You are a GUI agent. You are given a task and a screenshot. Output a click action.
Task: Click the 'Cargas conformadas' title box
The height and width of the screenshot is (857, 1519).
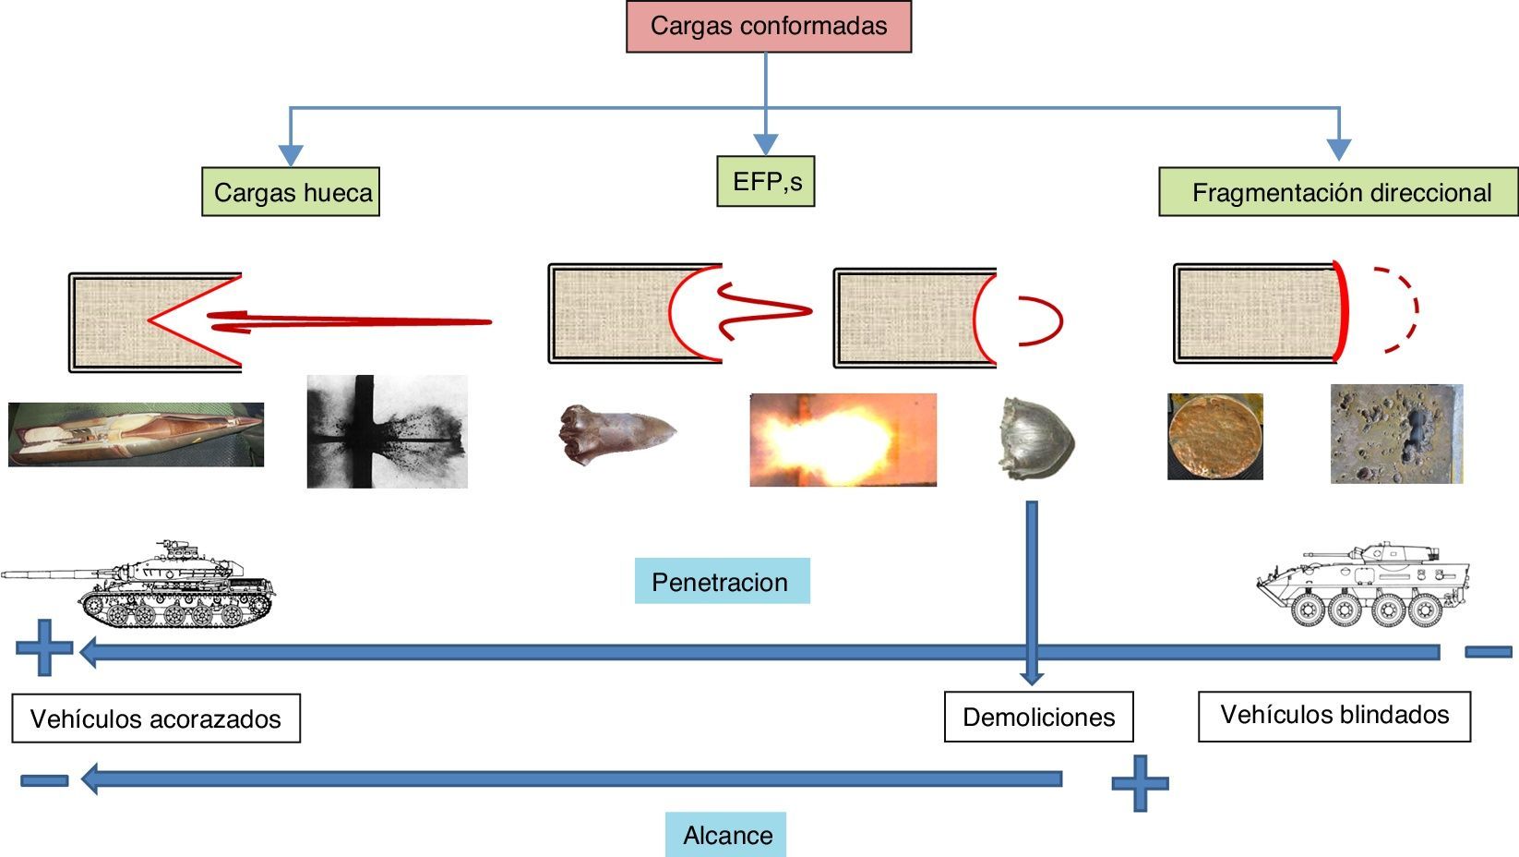[x=768, y=27]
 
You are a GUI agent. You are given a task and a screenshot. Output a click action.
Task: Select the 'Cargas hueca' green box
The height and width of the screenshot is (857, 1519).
[x=291, y=192]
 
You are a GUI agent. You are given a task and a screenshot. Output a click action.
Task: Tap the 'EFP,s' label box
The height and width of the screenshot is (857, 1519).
[x=766, y=181]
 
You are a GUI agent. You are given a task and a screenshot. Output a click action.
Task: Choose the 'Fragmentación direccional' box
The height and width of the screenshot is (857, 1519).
[x=1338, y=192]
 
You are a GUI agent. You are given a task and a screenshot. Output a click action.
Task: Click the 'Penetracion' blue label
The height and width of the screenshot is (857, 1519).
[x=722, y=582]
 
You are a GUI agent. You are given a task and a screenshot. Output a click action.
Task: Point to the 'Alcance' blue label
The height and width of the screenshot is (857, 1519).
[x=726, y=835]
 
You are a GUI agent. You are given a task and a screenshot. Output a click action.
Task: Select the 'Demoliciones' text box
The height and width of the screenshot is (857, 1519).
[x=1038, y=718]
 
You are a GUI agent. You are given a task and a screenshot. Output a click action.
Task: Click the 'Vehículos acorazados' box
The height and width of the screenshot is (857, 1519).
[x=156, y=718]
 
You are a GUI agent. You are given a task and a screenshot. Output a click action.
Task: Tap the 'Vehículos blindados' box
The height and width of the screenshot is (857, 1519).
[x=1334, y=715]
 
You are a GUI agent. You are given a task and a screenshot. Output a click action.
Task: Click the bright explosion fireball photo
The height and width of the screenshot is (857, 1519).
[x=843, y=440]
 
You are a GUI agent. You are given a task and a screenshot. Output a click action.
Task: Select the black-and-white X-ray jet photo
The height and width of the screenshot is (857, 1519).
[x=387, y=431]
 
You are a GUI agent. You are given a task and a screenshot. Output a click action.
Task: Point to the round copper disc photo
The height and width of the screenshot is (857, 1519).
[x=1214, y=437]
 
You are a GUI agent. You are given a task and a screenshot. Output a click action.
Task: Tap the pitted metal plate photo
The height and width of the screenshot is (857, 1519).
[x=1396, y=434]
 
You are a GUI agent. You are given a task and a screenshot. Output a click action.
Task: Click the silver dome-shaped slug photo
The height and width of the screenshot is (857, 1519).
[x=1036, y=439]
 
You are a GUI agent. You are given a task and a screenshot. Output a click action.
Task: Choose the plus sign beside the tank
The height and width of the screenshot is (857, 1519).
[x=43, y=648]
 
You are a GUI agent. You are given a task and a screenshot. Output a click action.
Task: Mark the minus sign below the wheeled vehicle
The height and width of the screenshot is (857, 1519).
[x=1488, y=652]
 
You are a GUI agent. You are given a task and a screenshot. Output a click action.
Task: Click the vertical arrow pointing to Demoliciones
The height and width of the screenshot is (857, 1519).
[x=1032, y=591]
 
